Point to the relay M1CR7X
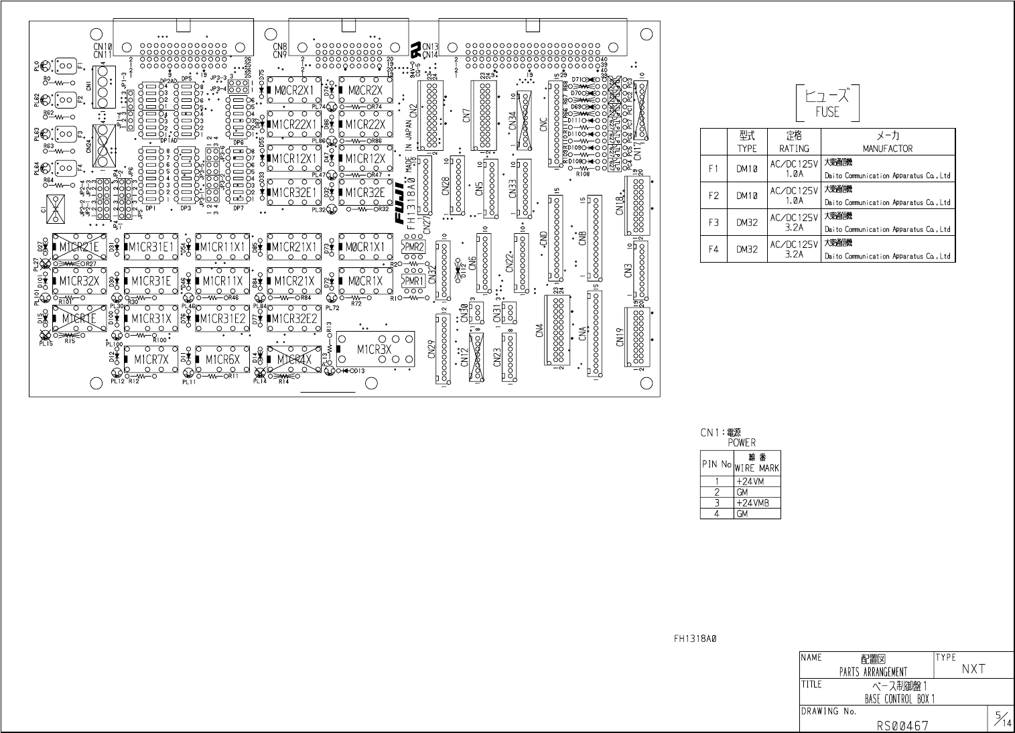pos(151,359)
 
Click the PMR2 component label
pos(414,247)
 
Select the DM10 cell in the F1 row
pos(746,169)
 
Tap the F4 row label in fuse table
pos(714,249)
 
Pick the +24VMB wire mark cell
pos(752,503)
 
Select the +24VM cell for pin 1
pos(750,481)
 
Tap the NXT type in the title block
pos(973,668)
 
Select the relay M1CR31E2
pos(223,318)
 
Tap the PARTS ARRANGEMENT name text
pos(873,672)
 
